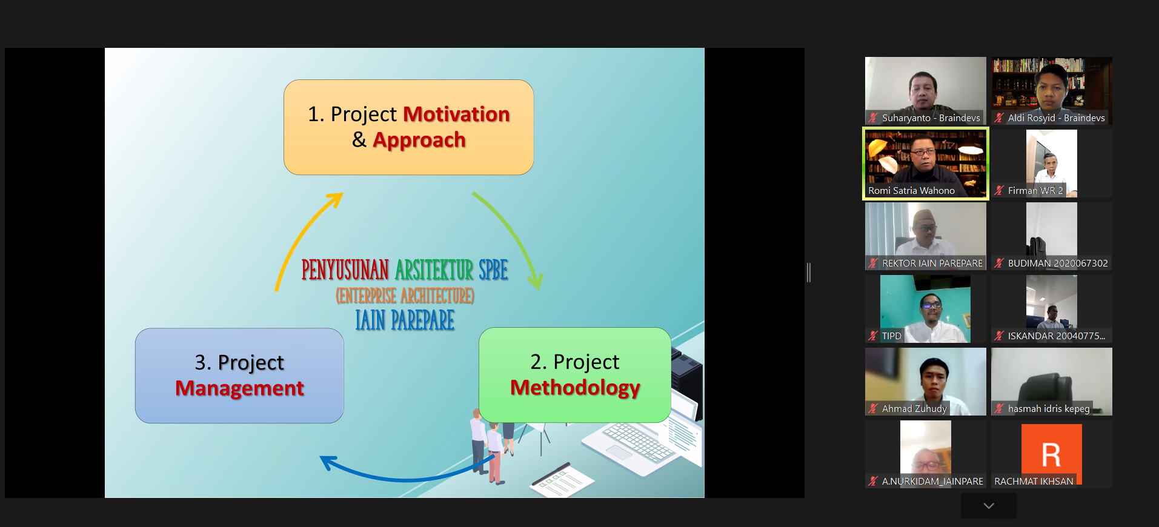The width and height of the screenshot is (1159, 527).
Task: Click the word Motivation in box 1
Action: pos(457,114)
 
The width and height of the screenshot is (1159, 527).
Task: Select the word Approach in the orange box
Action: pos(419,141)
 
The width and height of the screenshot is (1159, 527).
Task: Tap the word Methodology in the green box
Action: pos(575,388)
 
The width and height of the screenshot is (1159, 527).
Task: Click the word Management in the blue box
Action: pos(239,388)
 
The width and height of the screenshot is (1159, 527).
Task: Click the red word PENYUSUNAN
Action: pos(345,270)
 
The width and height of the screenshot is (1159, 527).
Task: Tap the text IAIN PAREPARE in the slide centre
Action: pos(405,320)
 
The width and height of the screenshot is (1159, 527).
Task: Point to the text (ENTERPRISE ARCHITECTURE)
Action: pos(405,296)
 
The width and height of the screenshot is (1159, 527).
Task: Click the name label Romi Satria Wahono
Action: pos(911,191)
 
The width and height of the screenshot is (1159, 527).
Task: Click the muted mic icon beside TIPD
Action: pos(873,336)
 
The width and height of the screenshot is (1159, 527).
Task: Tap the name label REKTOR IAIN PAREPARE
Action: pos(932,263)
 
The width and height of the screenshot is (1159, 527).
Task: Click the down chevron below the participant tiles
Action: pos(989,506)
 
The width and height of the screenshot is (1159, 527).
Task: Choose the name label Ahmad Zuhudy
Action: pos(914,409)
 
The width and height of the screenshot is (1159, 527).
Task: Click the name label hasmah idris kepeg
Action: pos(1049,409)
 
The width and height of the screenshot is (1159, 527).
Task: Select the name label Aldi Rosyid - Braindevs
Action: pos(1056,118)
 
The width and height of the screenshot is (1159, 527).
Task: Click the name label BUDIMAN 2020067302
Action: pos(1058,263)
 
